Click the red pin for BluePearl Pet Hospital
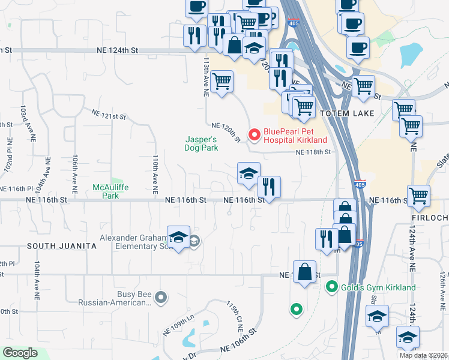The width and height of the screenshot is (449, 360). pyautogui.click(x=255, y=134)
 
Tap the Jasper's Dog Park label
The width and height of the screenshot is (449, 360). pyautogui.click(x=201, y=144)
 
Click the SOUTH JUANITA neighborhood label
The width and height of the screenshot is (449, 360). pyautogui.click(x=62, y=246)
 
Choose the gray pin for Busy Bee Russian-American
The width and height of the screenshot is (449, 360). pyautogui.click(x=160, y=297)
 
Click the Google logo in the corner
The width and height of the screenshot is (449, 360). pyautogui.click(x=20, y=353)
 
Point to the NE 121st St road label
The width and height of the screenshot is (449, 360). pyautogui.click(x=109, y=113)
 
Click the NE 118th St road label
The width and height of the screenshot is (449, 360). pyautogui.click(x=313, y=152)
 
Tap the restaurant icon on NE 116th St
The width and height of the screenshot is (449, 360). pyautogui.click(x=269, y=186)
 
